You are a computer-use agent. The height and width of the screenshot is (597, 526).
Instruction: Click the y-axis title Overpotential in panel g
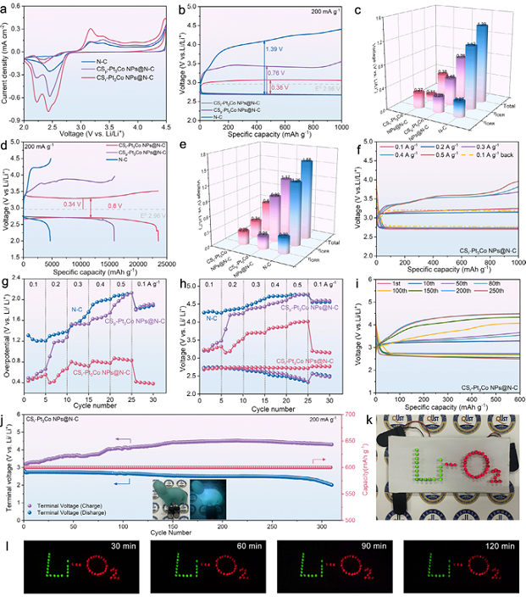6,339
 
